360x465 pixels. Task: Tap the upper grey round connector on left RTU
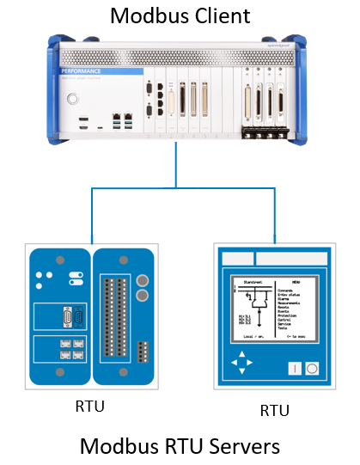coord(142,281)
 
